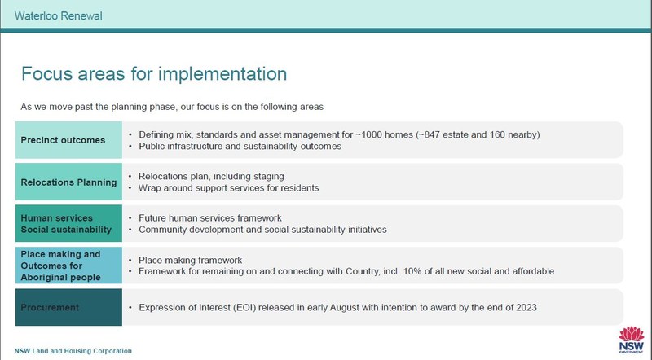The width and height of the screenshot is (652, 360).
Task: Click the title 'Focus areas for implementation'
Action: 154,74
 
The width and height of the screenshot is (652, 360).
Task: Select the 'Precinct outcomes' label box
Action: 68,140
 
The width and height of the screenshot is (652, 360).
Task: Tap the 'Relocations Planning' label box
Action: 68,182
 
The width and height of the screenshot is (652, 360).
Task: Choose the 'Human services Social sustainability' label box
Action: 68,224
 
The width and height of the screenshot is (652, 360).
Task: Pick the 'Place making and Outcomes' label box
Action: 68,266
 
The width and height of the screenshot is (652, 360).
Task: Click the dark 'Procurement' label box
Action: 68,307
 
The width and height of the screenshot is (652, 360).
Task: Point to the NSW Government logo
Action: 631,340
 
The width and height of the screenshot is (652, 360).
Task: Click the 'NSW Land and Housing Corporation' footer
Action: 73,351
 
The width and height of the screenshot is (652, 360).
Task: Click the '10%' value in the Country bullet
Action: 419,271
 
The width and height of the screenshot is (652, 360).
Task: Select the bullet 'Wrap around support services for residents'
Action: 228,188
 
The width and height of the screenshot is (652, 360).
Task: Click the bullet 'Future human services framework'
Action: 209,218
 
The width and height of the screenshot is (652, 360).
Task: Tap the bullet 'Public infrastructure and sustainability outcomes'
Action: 240,147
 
